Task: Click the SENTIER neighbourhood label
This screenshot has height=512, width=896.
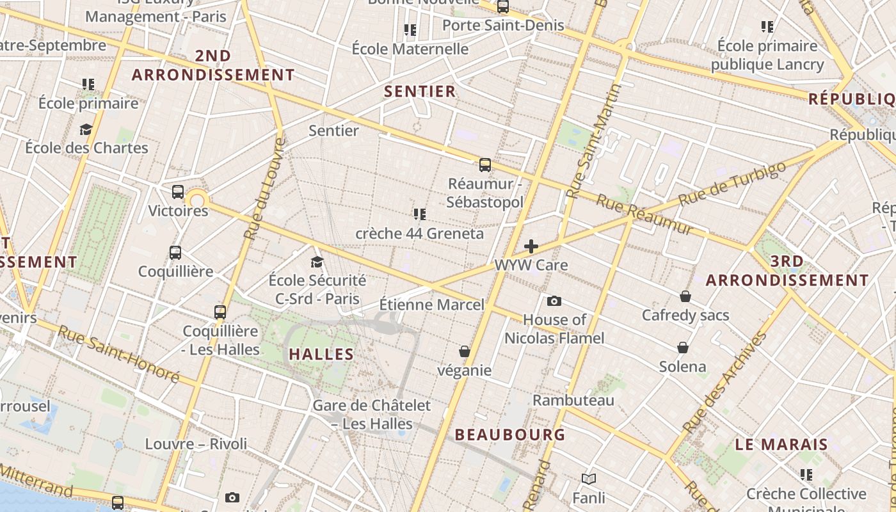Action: [x=420, y=92]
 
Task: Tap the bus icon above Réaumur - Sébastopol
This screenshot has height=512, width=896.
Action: [x=485, y=165]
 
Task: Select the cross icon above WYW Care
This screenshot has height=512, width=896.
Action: [x=531, y=246]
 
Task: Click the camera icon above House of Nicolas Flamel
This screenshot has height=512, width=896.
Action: [x=554, y=301]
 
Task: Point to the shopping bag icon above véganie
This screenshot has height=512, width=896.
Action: [x=465, y=351]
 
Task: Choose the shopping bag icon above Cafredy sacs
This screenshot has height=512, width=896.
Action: [x=685, y=296]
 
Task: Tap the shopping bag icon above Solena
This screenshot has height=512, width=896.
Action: [x=683, y=348]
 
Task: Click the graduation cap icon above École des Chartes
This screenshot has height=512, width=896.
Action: [x=86, y=129]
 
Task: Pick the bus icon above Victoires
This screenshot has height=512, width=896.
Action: [x=178, y=191]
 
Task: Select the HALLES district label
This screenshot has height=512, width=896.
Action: [x=321, y=355]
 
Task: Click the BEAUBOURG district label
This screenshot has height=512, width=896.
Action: [x=510, y=435]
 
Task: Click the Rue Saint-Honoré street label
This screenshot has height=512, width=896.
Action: [x=118, y=353]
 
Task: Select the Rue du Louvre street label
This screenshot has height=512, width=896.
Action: [x=263, y=188]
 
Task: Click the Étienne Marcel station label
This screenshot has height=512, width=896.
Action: [x=432, y=305]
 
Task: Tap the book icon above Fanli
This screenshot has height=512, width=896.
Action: [x=589, y=479]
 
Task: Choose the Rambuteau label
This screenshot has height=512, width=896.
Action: [x=573, y=401]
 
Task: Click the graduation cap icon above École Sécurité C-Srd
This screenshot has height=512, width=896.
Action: [x=317, y=262]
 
